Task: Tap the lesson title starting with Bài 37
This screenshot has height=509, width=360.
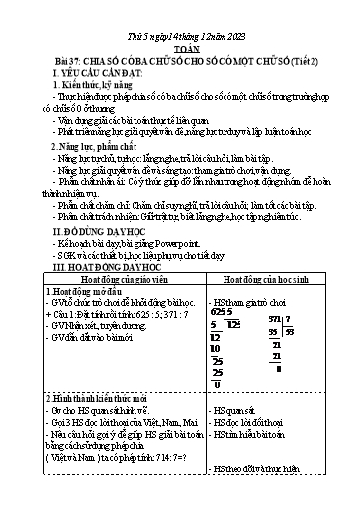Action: (x=179, y=42)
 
